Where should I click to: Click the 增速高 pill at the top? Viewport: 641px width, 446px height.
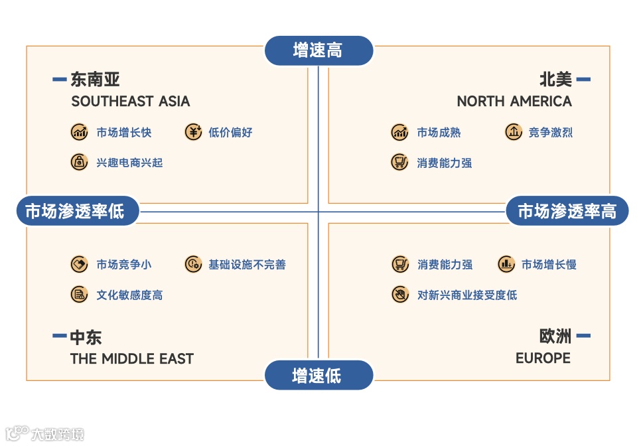[319, 50]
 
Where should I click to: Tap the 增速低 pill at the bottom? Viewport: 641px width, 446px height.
[319, 376]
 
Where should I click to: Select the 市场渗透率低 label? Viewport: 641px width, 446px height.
[78, 212]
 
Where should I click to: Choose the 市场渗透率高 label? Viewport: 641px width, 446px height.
[567, 212]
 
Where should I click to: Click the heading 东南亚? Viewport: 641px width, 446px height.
[95, 80]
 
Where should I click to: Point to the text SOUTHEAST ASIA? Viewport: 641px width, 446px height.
[130, 102]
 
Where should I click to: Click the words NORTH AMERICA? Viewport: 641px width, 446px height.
[514, 102]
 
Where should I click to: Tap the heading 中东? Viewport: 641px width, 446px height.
[86, 337]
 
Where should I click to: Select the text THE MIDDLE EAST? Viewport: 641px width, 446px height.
[131, 359]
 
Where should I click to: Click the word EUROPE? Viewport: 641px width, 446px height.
[543, 358]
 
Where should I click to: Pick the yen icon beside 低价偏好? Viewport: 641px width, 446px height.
[192, 132]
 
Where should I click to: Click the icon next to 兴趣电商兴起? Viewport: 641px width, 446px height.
[79, 162]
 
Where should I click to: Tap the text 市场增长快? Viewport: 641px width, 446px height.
[124, 133]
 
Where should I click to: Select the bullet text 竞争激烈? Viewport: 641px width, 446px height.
[550, 133]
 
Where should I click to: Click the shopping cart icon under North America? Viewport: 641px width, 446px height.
[399, 162]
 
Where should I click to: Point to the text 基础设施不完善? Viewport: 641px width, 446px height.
[247, 265]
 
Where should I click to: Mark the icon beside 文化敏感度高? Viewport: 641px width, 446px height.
[79, 295]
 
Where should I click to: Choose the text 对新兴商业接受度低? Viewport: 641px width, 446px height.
[467, 295]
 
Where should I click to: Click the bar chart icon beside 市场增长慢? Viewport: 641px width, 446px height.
[506, 264]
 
